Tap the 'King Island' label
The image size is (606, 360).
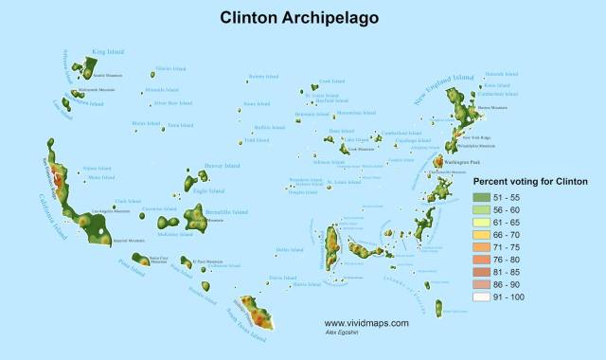[108, 52]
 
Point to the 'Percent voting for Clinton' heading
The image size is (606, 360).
[530, 181]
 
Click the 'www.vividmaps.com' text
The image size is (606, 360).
[365, 322]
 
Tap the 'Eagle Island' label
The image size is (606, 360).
[206, 190]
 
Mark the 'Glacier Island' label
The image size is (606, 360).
[169, 69]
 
